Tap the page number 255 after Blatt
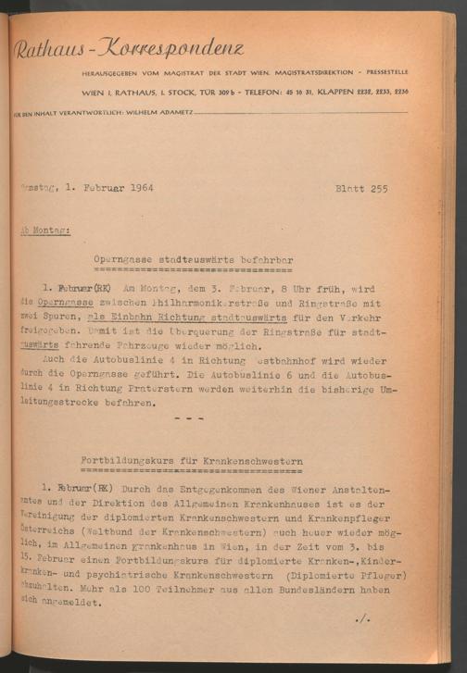point(375,190)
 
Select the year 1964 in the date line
point(137,190)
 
